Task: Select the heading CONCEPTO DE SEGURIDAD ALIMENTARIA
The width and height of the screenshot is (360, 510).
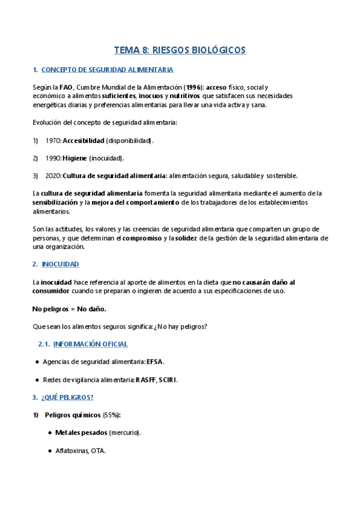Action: click(x=107, y=70)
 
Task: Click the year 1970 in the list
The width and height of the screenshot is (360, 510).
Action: click(x=53, y=141)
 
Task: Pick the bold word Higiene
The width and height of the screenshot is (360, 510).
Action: click(x=75, y=158)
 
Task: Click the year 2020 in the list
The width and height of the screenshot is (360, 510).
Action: click(x=53, y=176)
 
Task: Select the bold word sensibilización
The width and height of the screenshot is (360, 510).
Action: click(x=55, y=203)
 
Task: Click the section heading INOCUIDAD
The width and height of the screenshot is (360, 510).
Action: click(x=60, y=264)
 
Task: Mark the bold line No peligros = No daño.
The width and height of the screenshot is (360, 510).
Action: click(x=69, y=309)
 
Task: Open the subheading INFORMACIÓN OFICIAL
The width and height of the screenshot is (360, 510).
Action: click(x=90, y=344)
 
